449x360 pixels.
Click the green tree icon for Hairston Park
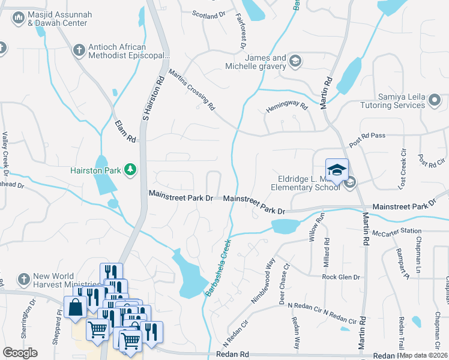(129, 170)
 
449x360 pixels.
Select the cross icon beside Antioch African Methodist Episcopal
(79, 50)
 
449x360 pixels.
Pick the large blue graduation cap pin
(337, 170)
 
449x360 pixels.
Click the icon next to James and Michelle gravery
(295, 61)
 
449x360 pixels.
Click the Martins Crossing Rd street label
(191, 91)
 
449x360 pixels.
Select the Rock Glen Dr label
(340, 277)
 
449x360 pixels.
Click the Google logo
(20, 353)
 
